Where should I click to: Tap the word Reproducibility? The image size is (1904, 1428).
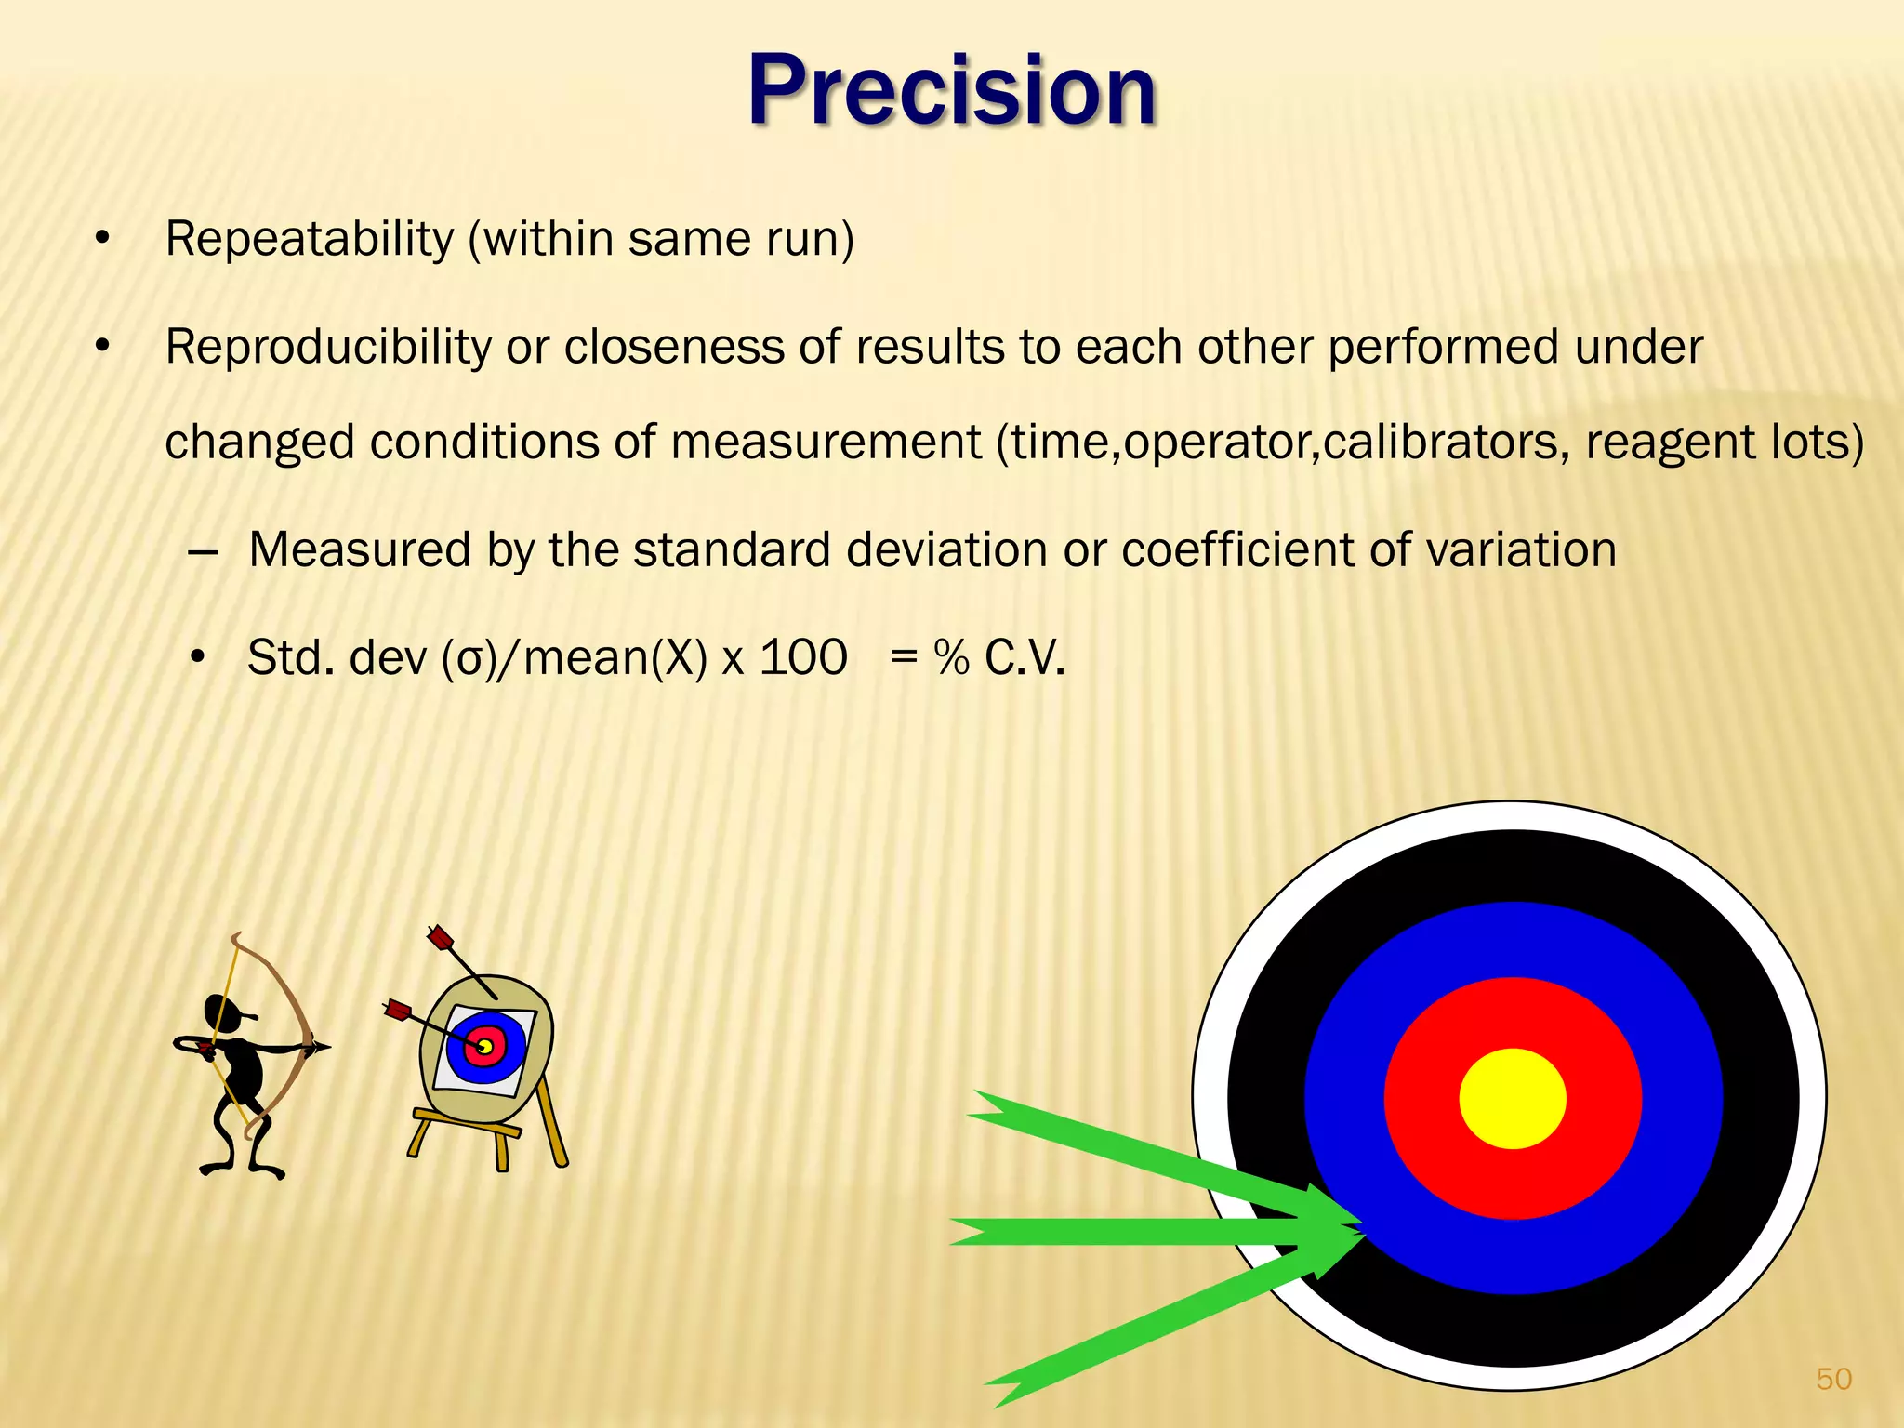pyautogui.click(x=327, y=348)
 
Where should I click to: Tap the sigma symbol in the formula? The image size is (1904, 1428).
pyautogui.click(x=471, y=660)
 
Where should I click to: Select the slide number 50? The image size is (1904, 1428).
pyautogui.click(x=1833, y=1379)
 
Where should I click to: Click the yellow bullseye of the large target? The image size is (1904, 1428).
pyautogui.click(x=1513, y=1099)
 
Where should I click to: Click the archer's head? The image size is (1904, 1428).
pyautogui.click(x=223, y=1012)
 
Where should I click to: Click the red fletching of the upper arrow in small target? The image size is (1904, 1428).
pyautogui.click(x=440, y=938)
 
